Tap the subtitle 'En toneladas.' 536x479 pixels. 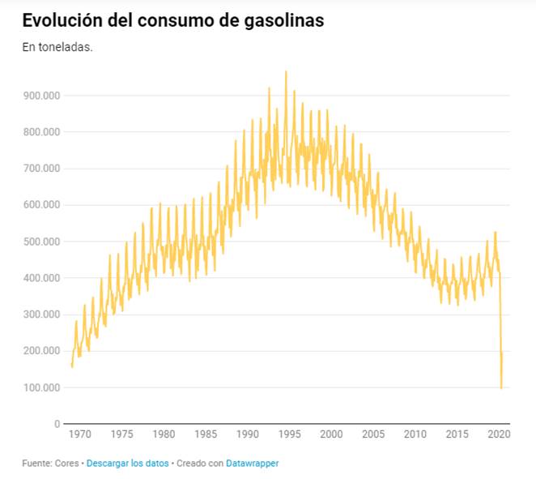[x=57, y=47]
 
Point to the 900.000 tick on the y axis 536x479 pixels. [x=40, y=96]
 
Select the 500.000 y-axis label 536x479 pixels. [x=40, y=242]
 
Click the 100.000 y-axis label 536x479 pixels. [x=40, y=387]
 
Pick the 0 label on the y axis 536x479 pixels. [x=57, y=424]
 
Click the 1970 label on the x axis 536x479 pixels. [x=79, y=434]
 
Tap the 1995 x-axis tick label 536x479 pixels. [x=288, y=434]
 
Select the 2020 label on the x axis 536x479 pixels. [x=499, y=434]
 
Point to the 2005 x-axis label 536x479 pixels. [x=372, y=434]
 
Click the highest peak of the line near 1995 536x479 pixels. [x=285, y=71]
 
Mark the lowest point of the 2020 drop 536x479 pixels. [x=501, y=388]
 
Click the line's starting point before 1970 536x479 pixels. [x=72, y=366]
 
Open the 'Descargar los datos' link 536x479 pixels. [x=127, y=463]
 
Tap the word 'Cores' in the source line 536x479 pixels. [x=67, y=463]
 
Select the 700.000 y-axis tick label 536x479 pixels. [x=40, y=169]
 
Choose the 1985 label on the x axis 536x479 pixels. [x=205, y=434]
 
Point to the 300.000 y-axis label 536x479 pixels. [x=40, y=314]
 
